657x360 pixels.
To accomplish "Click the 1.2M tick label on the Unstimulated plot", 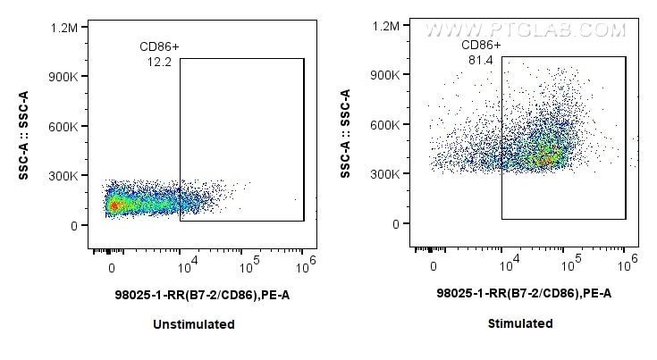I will tap(63, 29).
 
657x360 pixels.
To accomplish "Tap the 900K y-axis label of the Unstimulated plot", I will tap(63, 78).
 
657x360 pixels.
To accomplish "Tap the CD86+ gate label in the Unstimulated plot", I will tap(159, 46).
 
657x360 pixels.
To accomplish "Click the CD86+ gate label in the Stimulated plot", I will tap(481, 45).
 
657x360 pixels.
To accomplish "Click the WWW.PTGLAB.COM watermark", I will tap(524, 29).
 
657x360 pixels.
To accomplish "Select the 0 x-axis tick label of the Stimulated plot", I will tap(434, 267).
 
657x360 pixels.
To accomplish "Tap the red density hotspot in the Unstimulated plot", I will tap(113, 205).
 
